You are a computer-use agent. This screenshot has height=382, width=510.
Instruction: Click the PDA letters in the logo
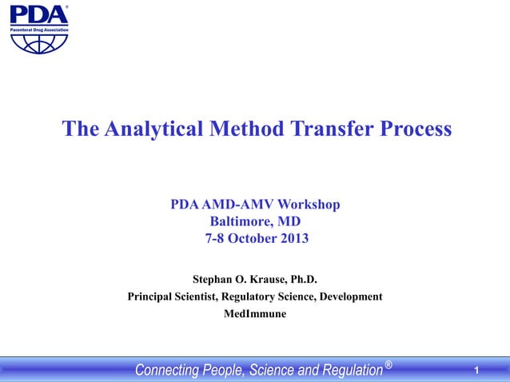[x=38, y=14]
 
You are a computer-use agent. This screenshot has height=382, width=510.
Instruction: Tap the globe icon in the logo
[x=39, y=42]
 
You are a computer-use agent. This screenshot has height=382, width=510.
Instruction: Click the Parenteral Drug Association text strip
[x=39, y=29]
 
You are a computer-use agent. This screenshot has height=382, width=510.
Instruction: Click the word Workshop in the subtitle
[x=308, y=205]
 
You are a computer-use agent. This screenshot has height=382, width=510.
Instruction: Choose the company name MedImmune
[x=255, y=313]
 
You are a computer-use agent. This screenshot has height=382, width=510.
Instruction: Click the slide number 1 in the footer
[x=476, y=370]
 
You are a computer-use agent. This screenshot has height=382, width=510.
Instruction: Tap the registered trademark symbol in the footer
[x=388, y=365]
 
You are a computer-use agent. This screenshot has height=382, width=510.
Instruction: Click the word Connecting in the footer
[x=165, y=370]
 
